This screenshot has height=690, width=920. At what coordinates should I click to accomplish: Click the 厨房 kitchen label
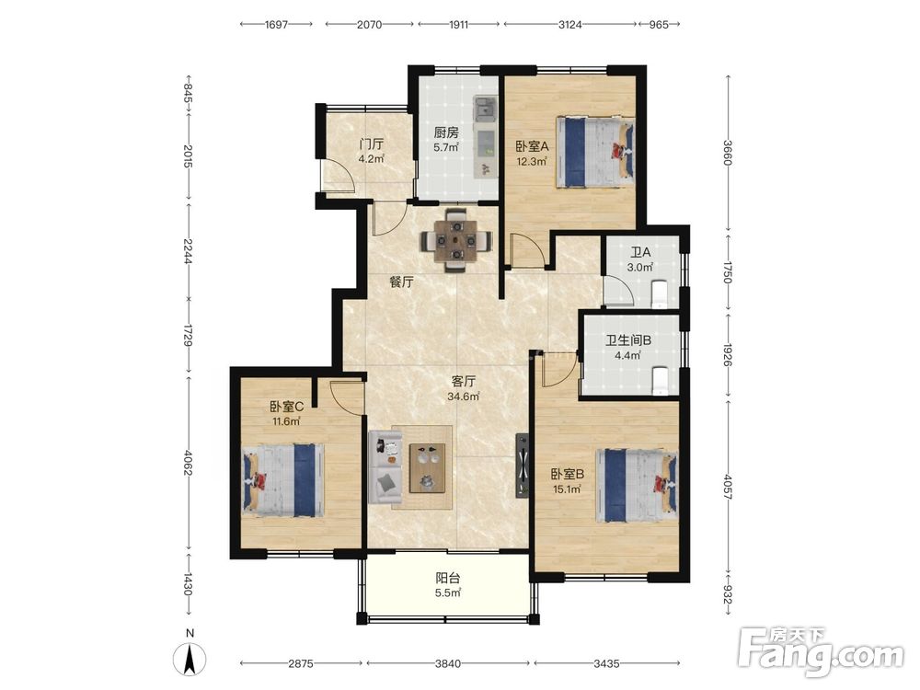446,132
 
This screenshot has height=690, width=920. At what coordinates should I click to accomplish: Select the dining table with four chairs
456,240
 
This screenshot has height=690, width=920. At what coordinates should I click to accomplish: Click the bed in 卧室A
595,152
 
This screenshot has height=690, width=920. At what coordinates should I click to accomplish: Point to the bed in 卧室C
283,480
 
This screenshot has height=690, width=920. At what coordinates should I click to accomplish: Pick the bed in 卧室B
637,485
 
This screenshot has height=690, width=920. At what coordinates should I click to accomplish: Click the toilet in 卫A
660,293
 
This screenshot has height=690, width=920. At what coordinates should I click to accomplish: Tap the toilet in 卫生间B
660,380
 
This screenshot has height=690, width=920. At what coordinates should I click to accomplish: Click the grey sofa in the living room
385,467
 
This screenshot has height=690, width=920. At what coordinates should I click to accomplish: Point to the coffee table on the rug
427,467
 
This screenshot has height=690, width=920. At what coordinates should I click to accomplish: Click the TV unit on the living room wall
522,466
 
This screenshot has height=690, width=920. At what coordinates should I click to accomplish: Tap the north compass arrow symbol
190,659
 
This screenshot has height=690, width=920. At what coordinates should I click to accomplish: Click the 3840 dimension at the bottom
448,663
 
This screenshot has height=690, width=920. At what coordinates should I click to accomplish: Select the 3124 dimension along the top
569,25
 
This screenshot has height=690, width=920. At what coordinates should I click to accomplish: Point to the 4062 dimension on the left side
189,463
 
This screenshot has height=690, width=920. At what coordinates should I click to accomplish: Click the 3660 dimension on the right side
728,153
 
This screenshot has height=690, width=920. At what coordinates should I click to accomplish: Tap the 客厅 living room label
463,382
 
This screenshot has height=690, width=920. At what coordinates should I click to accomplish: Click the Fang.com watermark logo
822,650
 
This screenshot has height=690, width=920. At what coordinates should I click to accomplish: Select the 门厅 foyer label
372,144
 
